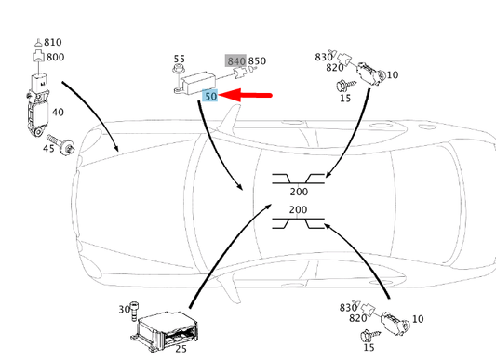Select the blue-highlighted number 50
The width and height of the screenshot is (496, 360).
(210, 96)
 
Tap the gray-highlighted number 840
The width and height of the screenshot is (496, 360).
(236, 61)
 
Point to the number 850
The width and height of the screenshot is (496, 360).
(258, 61)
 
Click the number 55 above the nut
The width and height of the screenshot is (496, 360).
(180, 58)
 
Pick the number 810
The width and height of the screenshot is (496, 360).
(52, 42)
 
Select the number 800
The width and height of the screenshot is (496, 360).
(55, 57)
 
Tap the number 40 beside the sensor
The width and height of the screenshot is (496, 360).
(59, 112)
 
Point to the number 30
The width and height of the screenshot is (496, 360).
(124, 310)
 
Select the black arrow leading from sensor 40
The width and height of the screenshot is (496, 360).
(93, 116)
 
